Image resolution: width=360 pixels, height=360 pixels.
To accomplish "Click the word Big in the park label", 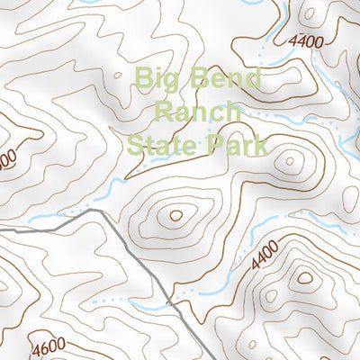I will click(157, 79).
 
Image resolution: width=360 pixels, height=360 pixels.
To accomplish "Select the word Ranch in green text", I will click(198, 112).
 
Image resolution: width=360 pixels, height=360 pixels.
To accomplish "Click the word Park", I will click(238, 144).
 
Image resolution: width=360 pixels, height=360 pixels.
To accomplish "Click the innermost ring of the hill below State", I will click(175, 215).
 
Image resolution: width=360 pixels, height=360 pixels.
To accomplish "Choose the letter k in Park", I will click(261, 144).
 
